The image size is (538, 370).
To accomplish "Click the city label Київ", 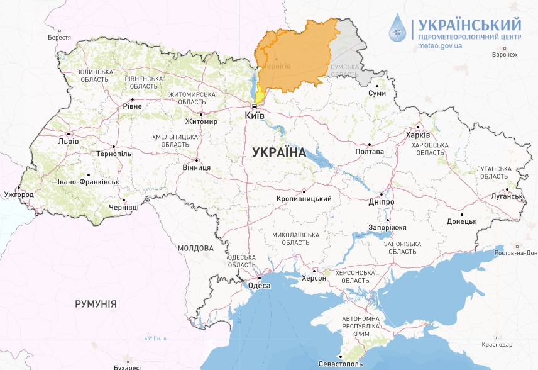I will (255, 116).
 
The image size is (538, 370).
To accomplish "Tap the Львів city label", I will (68, 141).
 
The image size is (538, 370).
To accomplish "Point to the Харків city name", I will (418, 135).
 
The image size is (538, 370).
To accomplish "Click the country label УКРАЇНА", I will (278, 152).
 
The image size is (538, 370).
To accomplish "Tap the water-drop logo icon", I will (398, 28).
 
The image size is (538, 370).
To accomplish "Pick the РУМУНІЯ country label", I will (96, 304).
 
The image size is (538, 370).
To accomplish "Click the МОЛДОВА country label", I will (195, 249).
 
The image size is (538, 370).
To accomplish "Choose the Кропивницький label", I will (304, 199).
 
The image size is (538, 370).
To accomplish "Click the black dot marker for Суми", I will (376, 86).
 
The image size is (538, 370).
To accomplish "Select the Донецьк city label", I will (462, 221).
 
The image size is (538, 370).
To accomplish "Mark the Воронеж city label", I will (505, 55).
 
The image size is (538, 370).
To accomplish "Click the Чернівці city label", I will (123, 206).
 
